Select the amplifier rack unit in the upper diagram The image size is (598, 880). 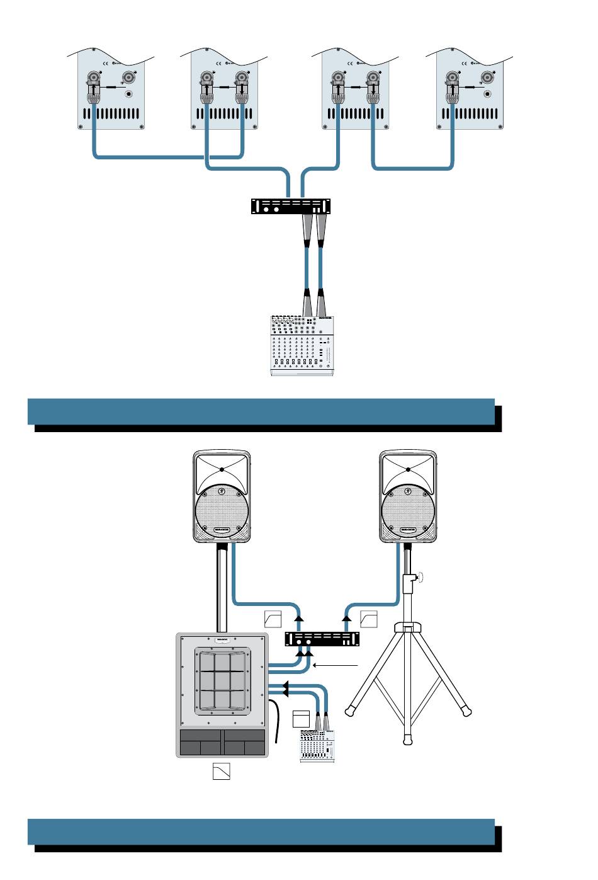(x=291, y=207)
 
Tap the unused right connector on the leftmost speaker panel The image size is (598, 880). (x=129, y=77)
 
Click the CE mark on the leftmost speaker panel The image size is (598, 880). (x=105, y=63)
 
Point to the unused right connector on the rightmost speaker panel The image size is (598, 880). (x=487, y=77)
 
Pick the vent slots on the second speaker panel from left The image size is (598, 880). (x=225, y=115)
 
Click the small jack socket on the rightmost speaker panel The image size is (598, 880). (x=488, y=95)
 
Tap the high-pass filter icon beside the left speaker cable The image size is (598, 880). (x=273, y=619)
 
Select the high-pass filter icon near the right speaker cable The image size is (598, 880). (x=369, y=619)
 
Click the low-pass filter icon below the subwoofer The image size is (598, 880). (x=221, y=771)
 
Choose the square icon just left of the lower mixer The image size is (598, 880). (x=302, y=719)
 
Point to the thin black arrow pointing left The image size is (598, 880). (x=336, y=665)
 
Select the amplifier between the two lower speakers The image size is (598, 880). (x=322, y=639)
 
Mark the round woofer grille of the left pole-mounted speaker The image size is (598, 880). (x=222, y=511)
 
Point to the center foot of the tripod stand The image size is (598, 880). (x=408, y=739)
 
